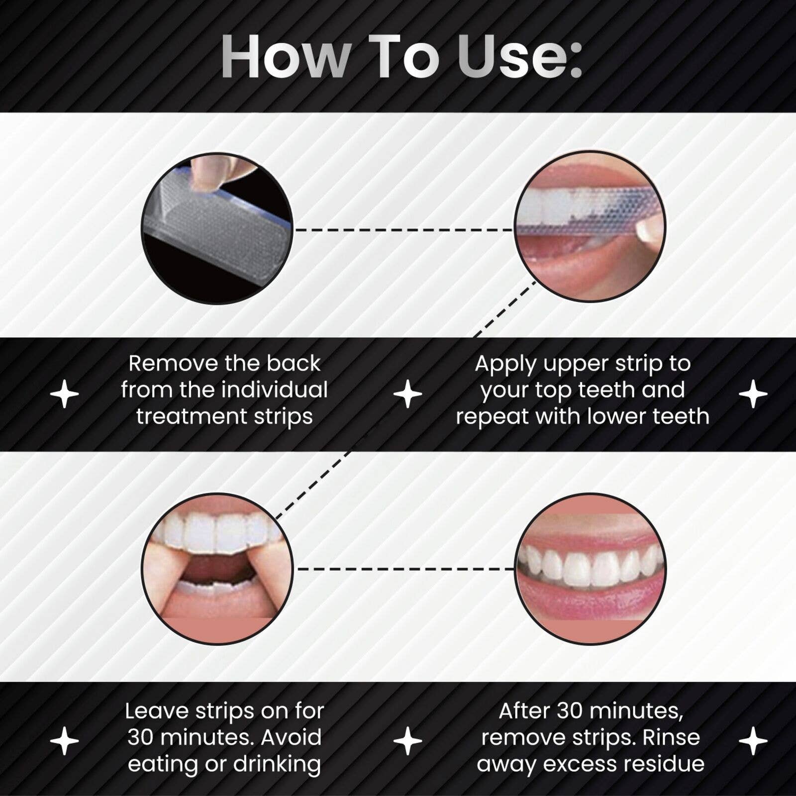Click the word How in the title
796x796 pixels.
point(287,56)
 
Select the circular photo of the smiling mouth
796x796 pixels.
point(590,569)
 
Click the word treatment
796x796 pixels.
point(191,416)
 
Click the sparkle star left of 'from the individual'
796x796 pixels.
point(65,394)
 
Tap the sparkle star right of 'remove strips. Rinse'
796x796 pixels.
point(753,741)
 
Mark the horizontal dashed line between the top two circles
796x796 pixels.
point(403,230)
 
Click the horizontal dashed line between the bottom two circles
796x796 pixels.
point(404,569)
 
